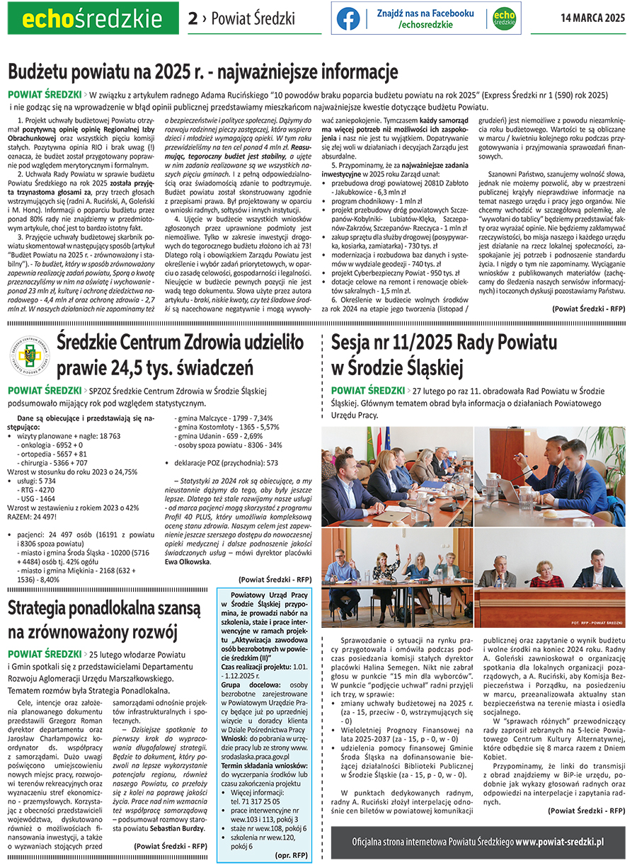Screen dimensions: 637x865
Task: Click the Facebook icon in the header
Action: coord(348,19)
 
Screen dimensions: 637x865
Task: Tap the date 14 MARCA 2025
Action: coord(593,19)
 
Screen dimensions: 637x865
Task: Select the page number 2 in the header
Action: coord(193,19)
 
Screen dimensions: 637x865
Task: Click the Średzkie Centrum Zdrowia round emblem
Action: coord(29,353)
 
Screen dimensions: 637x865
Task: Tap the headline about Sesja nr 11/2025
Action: coord(444,355)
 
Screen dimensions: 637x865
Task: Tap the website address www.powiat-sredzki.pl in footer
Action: coord(559,842)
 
